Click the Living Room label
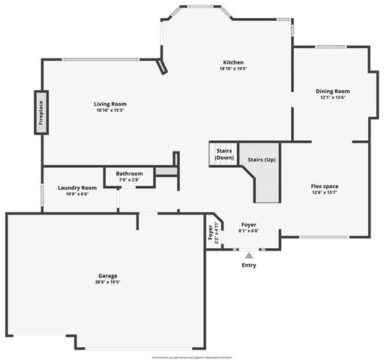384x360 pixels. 109,104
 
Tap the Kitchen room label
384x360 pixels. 233,62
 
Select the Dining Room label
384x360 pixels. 332,91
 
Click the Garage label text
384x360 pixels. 108,276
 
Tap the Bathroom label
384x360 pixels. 129,174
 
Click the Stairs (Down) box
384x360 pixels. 223,154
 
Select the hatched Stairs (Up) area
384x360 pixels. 264,183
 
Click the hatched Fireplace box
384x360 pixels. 41,112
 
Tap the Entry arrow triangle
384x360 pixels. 249,256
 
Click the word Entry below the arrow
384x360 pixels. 249,265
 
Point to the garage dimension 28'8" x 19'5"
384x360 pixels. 108,282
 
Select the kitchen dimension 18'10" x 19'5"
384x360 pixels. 233,69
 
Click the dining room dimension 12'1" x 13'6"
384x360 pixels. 332,97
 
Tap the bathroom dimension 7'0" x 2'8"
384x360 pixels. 129,180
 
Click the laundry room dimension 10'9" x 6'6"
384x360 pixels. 77,193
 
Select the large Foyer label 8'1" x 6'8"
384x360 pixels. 249,227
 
